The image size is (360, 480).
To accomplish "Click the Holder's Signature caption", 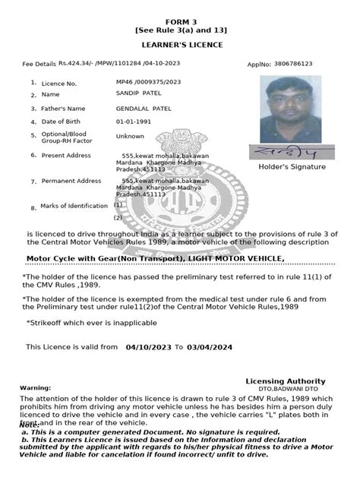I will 292,166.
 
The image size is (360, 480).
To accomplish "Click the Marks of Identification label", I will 74,206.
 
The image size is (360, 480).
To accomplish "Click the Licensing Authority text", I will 286,381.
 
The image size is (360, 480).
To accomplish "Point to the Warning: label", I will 35,387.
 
